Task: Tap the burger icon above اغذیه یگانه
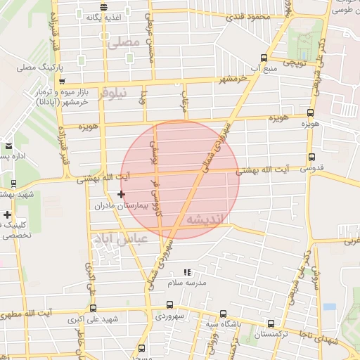[104, 6]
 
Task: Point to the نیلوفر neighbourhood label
[113, 93]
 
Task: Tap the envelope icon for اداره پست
[8, 146]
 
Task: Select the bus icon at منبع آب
[263, 58]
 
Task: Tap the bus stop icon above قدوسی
[311, 157]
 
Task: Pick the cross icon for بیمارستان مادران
[121, 194]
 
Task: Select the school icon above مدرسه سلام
[186, 271]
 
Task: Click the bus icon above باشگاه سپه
[223, 314]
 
